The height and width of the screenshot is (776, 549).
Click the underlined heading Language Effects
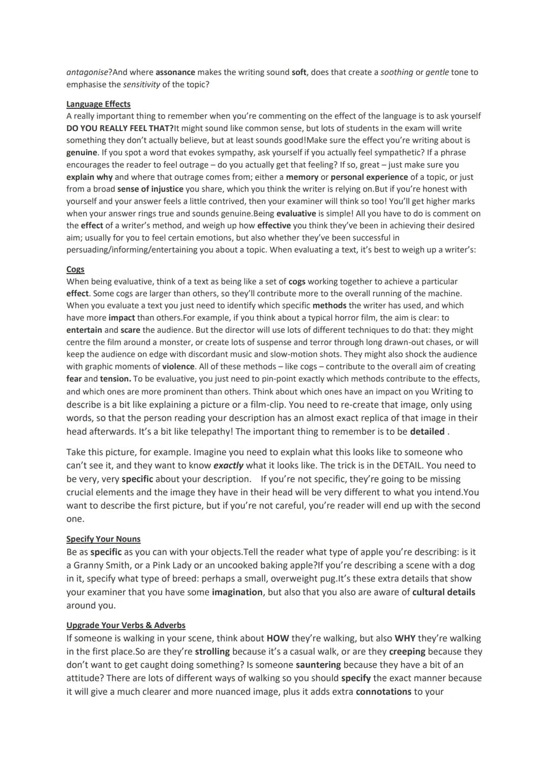[x=98, y=104]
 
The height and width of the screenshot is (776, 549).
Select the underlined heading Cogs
[x=75, y=269]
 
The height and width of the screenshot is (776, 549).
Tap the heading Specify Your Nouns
[x=103, y=539]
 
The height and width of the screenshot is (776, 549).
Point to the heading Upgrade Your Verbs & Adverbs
[x=126, y=625]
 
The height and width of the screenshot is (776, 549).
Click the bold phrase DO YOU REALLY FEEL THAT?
[x=120, y=128]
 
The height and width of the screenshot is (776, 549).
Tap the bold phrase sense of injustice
[x=150, y=189]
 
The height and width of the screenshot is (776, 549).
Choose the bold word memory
[x=302, y=177]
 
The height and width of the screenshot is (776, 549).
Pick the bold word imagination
[x=237, y=592]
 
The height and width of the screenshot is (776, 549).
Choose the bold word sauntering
[x=318, y=665]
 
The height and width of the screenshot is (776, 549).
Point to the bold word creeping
[x=407, y=651]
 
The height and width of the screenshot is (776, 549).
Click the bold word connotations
[x=383, y=692]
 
